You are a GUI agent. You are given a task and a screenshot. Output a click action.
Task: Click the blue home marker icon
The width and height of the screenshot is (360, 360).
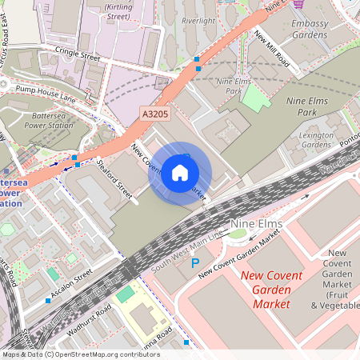pyautogui.click(x=180, y=172)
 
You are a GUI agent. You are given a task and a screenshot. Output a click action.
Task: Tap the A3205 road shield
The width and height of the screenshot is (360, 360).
pyautogui.click(x=156, y=114)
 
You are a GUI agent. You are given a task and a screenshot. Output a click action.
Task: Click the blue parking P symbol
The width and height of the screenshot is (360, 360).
pyautogui.click(x=194, y=262)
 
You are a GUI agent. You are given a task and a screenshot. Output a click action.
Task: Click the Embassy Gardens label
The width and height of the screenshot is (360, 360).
pyautogui.click(x=310, y=30)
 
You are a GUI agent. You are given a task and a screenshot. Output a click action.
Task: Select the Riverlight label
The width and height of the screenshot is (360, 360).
pyautogui.click(x=199, y=20)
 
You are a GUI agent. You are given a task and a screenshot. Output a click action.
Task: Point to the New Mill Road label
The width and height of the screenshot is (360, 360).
pyautogui.click(x=272, y=48)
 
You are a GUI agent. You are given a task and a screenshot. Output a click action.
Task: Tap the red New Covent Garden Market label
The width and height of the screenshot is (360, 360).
pyautogui.click(x=272, y=290)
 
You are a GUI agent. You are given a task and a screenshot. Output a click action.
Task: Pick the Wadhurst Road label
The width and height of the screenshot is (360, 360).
pyautogui.click(x=90, y=319)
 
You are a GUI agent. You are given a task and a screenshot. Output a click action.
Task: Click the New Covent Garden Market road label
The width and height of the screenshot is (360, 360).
pyautogui.click(x=240, y=254)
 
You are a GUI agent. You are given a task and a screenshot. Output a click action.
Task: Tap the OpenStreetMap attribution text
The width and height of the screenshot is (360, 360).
pyautogui.click(x=80, y=354)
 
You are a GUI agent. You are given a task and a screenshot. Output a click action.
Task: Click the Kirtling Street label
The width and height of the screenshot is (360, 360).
pyautogui.click(x=118, y=10)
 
